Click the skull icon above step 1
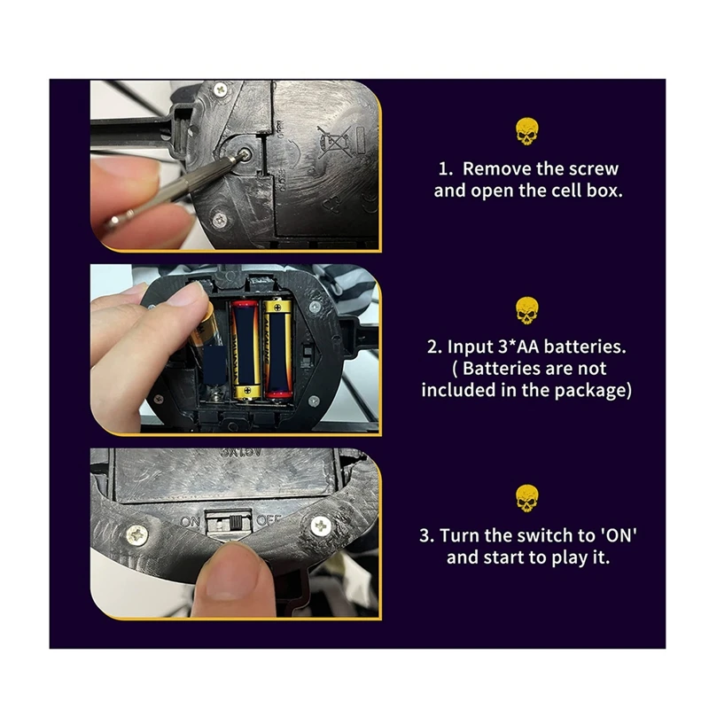[x=526, y=131]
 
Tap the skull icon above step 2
[x=526, y=311]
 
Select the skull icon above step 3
[x=526, y=498]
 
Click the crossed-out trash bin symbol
[x=334, y=142]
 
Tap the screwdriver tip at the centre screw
[x=242, y=155]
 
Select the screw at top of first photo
[x=220, y=89]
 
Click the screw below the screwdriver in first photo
[x=220, y=221]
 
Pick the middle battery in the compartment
[x=246, y=348]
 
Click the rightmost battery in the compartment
[x=278, y=347]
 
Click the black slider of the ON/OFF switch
[x=236, y=523]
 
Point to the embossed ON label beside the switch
[x=190, y=522]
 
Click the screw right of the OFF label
[x=321, y=526]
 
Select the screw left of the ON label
[x=137, y=535]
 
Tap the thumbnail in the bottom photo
[x=233, y=573]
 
